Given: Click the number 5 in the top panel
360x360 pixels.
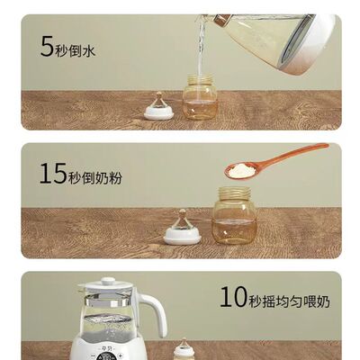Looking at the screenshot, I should coord(47,46).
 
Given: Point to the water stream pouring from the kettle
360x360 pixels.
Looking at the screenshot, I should coord(202,49).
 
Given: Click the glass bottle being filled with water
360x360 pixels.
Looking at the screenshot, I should coord(200,98).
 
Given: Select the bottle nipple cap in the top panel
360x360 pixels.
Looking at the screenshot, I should coord(159,108).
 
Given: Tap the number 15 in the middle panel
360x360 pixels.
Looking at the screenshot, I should coord(52,174).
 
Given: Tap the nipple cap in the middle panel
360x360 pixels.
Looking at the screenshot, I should coord(183,230).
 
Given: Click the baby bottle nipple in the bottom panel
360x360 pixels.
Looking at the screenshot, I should coord(184,347).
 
